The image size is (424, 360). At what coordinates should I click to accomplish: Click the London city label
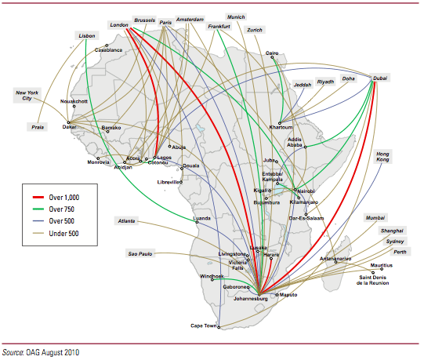pyautogui.click(x=119, y=25)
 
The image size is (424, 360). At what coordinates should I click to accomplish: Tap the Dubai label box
pyautogui.click(x=380, y=78)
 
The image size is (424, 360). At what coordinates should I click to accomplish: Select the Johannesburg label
pyautogui.click(x=250, y=299)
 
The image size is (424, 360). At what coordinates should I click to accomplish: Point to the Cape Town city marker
pyautogui.click(x=219, y=327)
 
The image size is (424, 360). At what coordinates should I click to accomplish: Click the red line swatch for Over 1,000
pyautogui.click(x=38, y=198)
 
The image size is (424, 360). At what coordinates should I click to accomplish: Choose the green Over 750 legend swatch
pyautogui.click(x=38, y=209)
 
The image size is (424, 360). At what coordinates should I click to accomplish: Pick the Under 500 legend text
pyautogui.click(x=63, y=233)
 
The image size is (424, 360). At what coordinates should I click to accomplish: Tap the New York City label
pyautogui.click(x=27, y=95)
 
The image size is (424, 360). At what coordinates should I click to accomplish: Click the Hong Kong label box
pyautogui.click(x=382, y=157)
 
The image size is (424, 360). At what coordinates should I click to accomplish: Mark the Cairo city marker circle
pyautogui.click(x=272, y=57)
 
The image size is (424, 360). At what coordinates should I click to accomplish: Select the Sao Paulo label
pyautogui.click(x=140, y=254)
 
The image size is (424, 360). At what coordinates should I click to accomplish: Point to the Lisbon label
pyautogui.click(x=87, y=36)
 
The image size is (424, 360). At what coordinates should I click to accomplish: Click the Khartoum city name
pyautogui.click(x=281, y=127)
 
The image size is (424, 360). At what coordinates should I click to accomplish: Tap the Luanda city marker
pyautogui.click(x=197, y=222)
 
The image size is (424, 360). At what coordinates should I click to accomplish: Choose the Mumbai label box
pyautogui.click(x=375, y=218)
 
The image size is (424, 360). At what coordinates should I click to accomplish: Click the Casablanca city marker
pyautogui.click(x=107, y=45)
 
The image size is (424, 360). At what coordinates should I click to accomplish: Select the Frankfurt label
pyautogui.click(x=219, y=27)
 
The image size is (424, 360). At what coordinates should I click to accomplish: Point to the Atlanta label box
pyautogui.click(x=126, y=221)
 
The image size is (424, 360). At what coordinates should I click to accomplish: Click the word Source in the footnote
pyautogui.click(x=13, y=352)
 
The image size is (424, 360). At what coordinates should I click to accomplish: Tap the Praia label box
pyautogui.click(x=38, y=127)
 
